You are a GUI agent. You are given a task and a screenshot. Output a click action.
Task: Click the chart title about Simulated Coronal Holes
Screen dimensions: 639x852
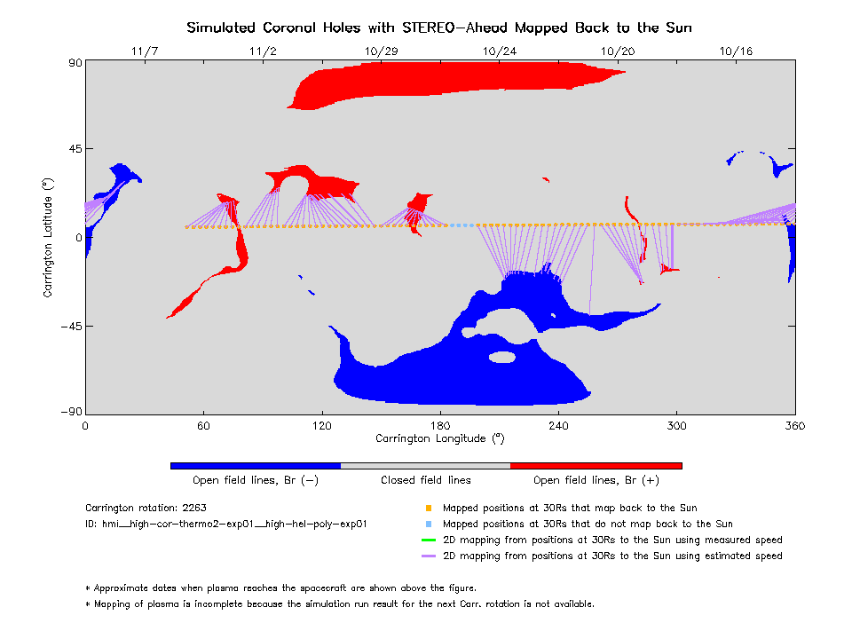[x=438, y=28]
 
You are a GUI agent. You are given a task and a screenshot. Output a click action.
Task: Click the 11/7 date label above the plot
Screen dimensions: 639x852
[x=144, y=51]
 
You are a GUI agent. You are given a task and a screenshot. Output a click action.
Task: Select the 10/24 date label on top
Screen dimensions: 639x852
[x=498, y=51]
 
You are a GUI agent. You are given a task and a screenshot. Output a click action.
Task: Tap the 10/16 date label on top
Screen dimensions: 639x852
[x=737, y=51]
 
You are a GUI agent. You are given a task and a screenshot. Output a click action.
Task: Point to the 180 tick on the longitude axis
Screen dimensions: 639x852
[x=440, y=425]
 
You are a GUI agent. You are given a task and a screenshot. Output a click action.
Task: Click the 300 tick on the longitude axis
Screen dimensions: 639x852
[x=677, y=425]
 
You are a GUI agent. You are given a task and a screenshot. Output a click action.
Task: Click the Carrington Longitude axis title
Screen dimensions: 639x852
[x=440, y=438]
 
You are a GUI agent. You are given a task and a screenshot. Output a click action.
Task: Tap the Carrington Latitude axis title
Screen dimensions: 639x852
[x=50, y=237]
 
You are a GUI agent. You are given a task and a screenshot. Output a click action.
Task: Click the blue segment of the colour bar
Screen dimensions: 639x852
[x=256, y=465]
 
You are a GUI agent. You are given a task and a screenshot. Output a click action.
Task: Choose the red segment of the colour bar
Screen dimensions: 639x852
[x=596, y=465]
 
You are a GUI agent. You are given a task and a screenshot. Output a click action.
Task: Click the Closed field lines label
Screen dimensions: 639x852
[x=426, y=480]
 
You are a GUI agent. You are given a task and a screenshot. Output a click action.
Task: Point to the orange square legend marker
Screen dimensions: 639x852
[x=428, y=508]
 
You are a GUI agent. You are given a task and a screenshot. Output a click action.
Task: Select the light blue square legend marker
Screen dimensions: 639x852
[x=428, y=524]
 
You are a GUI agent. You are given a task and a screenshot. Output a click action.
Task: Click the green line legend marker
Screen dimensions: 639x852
[x=428, y=540]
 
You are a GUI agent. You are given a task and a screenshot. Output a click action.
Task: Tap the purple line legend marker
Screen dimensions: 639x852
[x=428, y=556]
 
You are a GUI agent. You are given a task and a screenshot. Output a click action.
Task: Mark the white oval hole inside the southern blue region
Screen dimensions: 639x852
[x=503, y=357]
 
